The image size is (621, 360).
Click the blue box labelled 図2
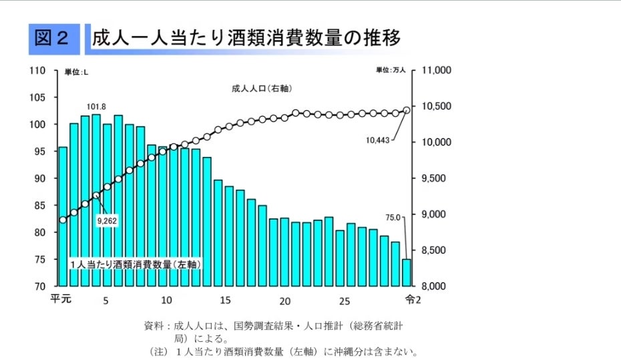coord(54,39)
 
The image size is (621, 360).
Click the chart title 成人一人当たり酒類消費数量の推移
coord(246,38)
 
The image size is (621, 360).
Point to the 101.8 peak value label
coord(97,106)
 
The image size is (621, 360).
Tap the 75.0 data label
coord(393,217)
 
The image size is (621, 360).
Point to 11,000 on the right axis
coord(439,70)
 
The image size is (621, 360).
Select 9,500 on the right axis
coord(437,178)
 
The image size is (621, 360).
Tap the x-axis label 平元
coord(61,299)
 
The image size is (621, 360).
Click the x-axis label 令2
coord(413,299)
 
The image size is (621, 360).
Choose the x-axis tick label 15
coord(225,299)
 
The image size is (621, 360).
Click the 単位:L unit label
coord(76,71)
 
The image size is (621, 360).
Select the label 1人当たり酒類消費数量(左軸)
coord(136,264)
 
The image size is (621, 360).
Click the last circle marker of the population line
coord(407,110)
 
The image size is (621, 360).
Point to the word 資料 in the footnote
coord(154,327)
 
